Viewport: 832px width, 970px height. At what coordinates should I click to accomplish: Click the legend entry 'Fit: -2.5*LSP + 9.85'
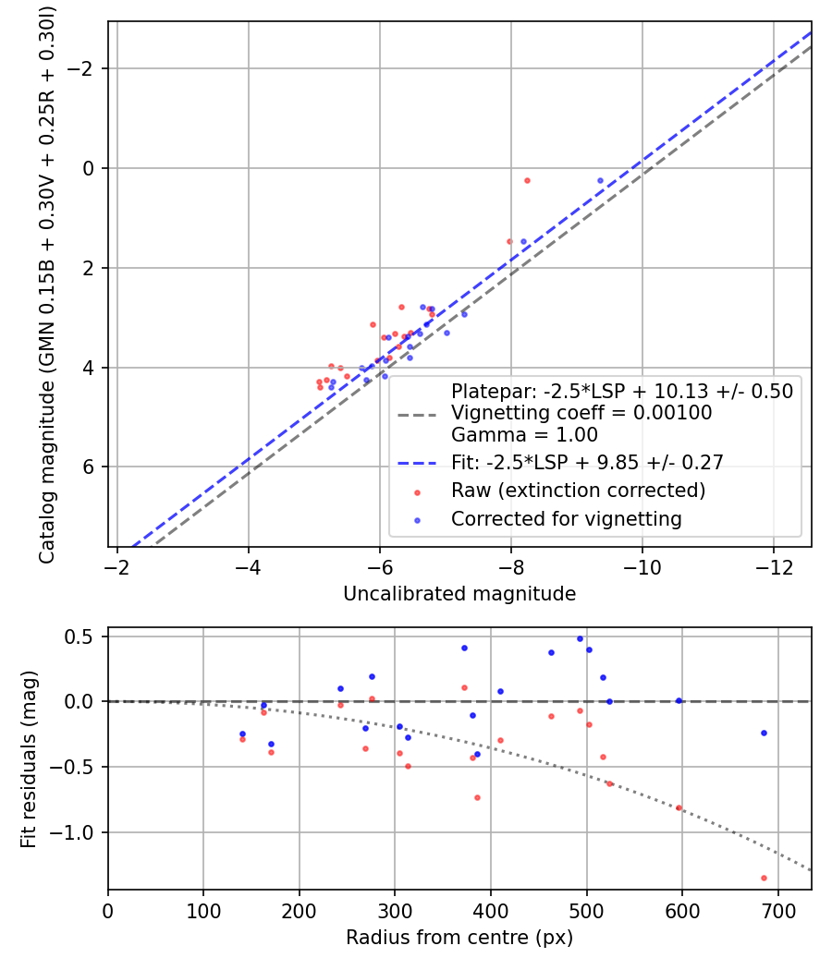[586, 462]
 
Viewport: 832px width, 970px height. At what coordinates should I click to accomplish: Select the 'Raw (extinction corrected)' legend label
[578, 491]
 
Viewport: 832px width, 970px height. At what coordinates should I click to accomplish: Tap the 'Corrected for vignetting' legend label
[566, 519]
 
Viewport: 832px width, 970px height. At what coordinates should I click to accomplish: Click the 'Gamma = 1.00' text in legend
[524, 435]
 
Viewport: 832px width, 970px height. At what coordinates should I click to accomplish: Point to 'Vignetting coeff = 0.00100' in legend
[581, 413]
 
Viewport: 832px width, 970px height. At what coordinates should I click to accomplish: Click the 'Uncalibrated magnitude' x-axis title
[459, 594]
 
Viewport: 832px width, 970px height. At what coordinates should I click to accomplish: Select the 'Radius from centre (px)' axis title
[459, 938]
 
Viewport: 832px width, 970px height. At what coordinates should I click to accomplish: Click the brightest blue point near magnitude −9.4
[600, 181]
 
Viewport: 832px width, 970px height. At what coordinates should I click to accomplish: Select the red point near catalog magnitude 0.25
[527, 181]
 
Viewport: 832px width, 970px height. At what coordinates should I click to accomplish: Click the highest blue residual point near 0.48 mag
[580, 638]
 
